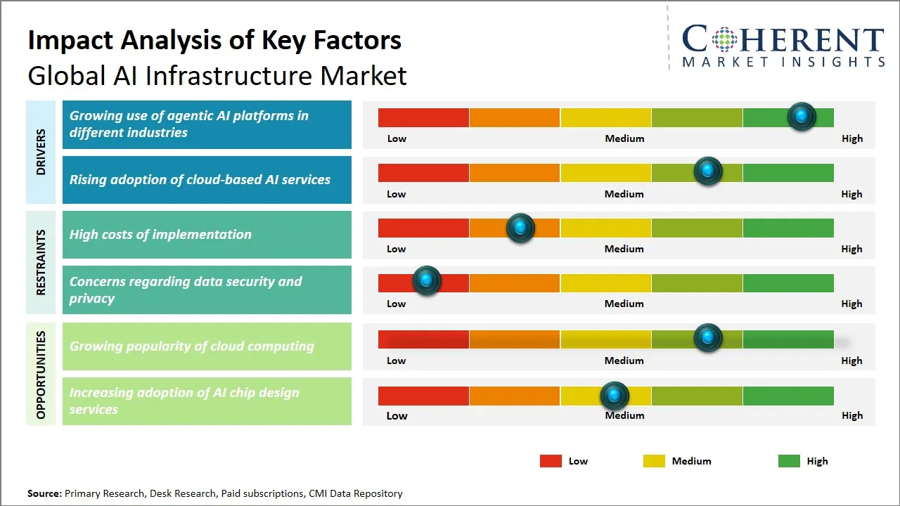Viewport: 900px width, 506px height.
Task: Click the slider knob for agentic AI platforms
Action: pyautogui.click(x=802, y=117)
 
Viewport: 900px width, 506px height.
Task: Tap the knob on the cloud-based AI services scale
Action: pyautogui.click(x=708, y=171)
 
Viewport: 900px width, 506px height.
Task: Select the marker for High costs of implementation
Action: pyautogui.click(x=520, y=228)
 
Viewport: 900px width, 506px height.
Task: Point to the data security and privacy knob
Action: pyautogui.click(x=426, y=280)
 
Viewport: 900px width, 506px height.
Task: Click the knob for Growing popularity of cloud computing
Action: pyautogui.click(x=708, y=338)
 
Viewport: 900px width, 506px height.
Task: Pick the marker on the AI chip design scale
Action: pyautogui.click(x=615, y=396)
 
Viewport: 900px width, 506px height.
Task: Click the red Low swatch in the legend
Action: pyautogui.click(x=551, y=461)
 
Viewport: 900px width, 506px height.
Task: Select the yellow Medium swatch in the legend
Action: pyautogui.click(x=654, y=461)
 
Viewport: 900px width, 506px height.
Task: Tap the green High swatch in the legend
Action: pyautogui.click(x=789, y=461)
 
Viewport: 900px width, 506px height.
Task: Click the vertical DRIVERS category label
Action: pyautogui.click(x=41, y=152)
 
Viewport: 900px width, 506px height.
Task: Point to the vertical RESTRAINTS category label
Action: pyautogui.click(x=41, y=262)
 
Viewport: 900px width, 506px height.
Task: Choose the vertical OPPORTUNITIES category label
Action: pyautogui.click(x=41, y=375)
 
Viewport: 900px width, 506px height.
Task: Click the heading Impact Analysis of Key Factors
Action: pyautogui.click(x=214, y=40)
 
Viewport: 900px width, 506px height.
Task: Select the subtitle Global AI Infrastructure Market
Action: pyautogui.click(x=217, y=75)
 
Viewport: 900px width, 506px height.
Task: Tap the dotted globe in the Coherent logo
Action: pyautogui.click(x=724, y=39)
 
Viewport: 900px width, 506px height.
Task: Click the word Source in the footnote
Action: pyautogui.click(x=44, y=493)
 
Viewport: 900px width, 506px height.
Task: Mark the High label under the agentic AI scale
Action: pyautogui.click(x=851, y=138)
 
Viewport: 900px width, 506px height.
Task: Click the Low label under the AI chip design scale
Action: pyautogui.click(x=397, y=415)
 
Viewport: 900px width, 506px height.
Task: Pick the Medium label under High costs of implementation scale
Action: pyautogui.click(x=624, y=249)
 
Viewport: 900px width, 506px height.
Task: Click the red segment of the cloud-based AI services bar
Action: pyautogui.click(x=423, y=173)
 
